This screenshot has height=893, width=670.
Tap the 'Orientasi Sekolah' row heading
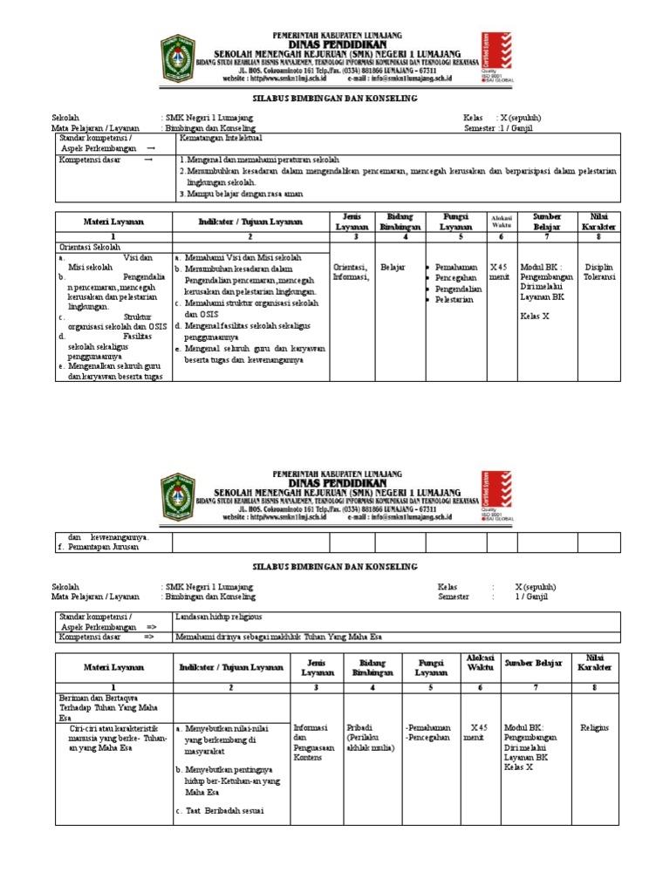(x=87, y=248)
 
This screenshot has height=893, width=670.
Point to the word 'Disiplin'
(x=599, y=268)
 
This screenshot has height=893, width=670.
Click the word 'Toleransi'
(x=599, y=278)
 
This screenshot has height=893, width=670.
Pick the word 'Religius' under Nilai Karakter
(x=595, y=726)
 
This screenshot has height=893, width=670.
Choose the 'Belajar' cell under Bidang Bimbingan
(x=393, y=268)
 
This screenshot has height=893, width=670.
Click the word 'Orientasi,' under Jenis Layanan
(x=350, y=268)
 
